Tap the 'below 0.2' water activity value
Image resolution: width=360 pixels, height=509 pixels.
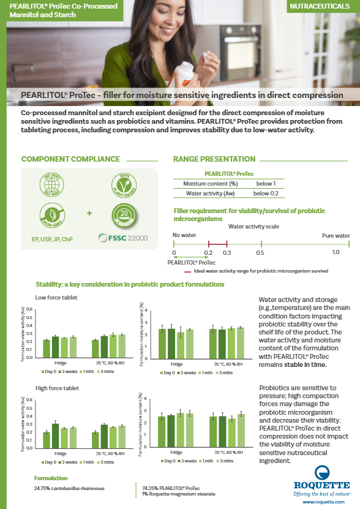[265, 193]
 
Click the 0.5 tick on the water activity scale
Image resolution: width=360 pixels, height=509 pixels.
[260, 252]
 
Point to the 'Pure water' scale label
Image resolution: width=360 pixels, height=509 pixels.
[336, 235]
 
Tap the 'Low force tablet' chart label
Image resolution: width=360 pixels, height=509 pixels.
[56, 298]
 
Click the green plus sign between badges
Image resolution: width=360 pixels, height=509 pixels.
[89, 214]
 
